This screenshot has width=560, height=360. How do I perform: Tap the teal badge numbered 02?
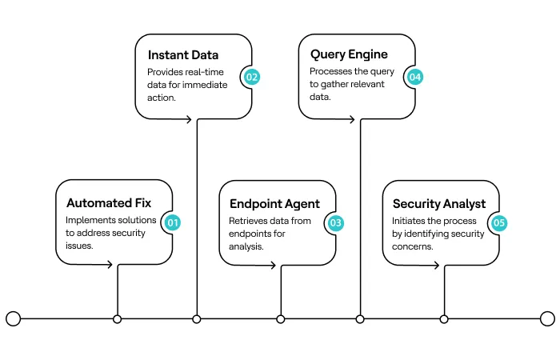(252, 78)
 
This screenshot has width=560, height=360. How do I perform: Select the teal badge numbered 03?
(335, 222)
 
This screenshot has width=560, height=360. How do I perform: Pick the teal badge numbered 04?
(414, 78)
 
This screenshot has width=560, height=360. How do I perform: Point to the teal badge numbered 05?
(499, 222)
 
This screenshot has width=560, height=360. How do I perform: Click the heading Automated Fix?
(109, 203)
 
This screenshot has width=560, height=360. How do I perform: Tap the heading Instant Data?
(183, 55)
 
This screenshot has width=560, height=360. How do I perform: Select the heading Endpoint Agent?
(274, 203)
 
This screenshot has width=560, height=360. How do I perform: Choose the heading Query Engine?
(349, 55)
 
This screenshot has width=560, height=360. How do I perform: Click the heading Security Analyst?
(438, 203)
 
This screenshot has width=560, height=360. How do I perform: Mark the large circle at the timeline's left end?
(13, 319)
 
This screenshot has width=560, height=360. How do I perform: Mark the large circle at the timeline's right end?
(547, 319)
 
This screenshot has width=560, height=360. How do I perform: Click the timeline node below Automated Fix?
(118, 319)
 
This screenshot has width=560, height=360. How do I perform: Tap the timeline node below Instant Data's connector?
(197, 319)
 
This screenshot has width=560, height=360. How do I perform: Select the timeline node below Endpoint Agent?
(281, 319)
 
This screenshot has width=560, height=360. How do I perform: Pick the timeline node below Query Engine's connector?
(360, 319)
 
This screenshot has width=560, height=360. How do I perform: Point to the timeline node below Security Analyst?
(444, 319)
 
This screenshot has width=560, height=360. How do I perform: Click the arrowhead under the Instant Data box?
(190, 120)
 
